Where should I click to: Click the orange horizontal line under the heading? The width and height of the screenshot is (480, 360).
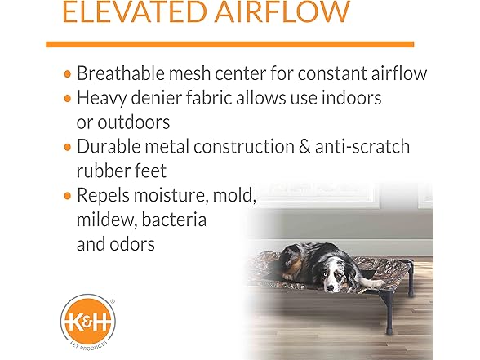pos(229,43)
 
